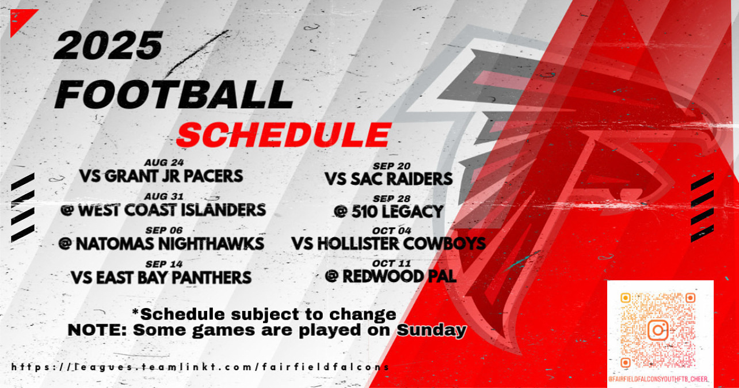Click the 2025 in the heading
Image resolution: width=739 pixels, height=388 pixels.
pyautogui.click(x=109, y=45)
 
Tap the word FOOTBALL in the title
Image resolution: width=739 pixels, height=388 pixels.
pyautogui.click(x=174, y=94)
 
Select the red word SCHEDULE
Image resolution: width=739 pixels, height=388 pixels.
pyautogui.click(x=284, y=135)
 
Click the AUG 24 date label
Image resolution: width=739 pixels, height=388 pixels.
pyautogui.click(x=164, y=163)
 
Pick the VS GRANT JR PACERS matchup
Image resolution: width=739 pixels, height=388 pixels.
pyautogui.click(x=161, y=176)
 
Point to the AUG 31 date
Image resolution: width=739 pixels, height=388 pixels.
pyautogui.click(x=164, y=197)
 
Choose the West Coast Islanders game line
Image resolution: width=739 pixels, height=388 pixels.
pyautogui.click(x=163, y=210)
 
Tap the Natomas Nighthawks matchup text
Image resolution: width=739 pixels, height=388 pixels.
pyautogui.click(x=161, y=244)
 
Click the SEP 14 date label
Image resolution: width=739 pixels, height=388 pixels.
pyautogui.click(x=164, y=264)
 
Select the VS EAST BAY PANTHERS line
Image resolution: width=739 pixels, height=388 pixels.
pyautogui.click(x=161, y=277)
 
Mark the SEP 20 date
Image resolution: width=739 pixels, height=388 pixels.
pyautogui.click(x=391, y=166)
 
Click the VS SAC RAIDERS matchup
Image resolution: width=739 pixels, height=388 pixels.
pyautogui.click(x=388, y=179)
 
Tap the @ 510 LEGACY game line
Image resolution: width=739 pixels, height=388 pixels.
pyautogui.click(x=388, y=212)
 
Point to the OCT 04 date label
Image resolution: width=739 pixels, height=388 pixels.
pyautogui.click(x=391, y=231)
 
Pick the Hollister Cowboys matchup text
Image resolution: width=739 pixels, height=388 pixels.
pyautogui.click(x=388, y=244)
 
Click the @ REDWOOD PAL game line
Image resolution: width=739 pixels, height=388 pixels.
pyautogui.click(x=391, y=276)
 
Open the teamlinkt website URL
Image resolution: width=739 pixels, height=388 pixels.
pyautogui.click(x=200, y=367)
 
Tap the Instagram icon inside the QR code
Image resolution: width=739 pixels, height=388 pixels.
pyautogui.click(x=658, y=330)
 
